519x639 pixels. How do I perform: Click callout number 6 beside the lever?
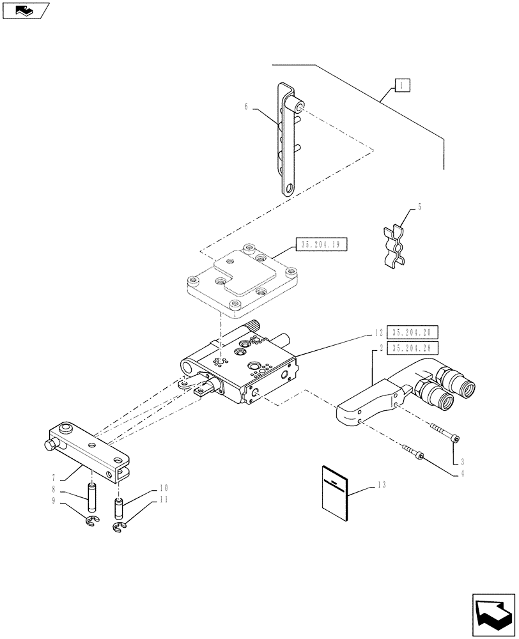point(246,107)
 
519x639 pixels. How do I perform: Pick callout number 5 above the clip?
point(419,207)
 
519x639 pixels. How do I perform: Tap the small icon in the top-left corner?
point(25,10)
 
